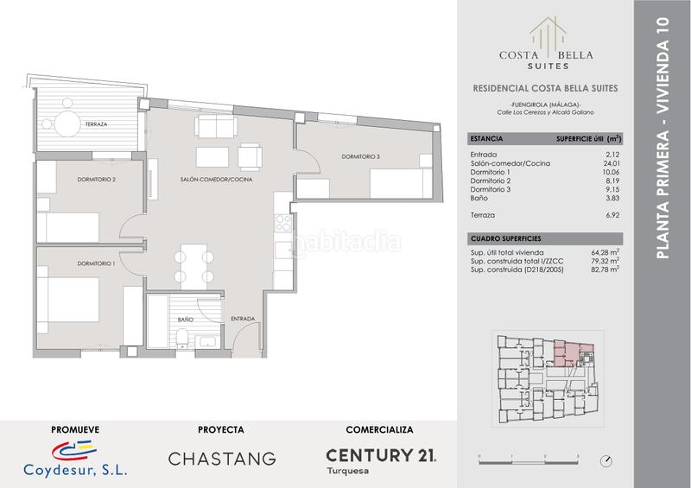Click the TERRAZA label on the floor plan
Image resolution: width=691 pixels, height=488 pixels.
tap(96, 124)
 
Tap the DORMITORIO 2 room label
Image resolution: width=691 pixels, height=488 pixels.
tap(97, 180)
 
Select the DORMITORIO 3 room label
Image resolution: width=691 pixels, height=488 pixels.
tap(360, 156)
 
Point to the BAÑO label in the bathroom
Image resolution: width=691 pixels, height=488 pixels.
tap(186, 320)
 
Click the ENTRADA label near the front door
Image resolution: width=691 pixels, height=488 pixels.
tap(243, 319)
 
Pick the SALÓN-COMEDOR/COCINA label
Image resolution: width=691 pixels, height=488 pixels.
tap(217, 180)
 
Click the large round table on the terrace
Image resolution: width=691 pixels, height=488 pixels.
tap(67, 124)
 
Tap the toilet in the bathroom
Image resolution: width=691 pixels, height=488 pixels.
tap(182, 339)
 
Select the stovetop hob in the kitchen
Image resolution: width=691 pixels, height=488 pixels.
tap(282, 223)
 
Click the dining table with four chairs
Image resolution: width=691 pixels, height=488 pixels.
tap(193, 267)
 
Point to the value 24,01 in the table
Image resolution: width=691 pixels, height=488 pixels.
tap(612, 163)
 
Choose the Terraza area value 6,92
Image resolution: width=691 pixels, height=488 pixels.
tap(612, 215)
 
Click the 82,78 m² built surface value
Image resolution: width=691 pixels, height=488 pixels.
tap(605, 269)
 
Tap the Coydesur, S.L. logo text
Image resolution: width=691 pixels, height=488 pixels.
tap(75, 470)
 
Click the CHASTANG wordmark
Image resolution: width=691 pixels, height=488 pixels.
tap(222, 459)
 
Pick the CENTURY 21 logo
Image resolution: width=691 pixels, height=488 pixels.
tap(381, 455)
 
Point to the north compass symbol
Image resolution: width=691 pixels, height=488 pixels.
tap(606, 461)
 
